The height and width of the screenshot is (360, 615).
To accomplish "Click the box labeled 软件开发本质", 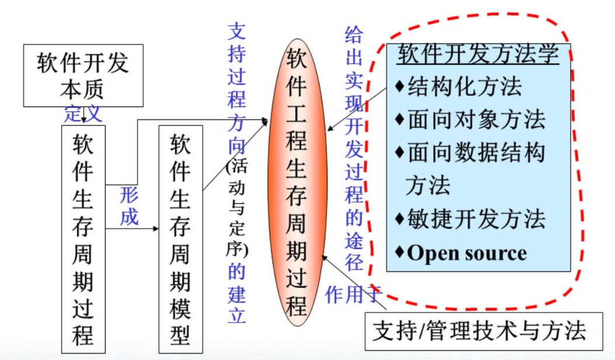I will click(82, 75).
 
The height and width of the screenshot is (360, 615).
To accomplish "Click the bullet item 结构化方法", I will click(464, 87).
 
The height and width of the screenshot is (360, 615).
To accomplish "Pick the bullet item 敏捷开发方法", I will click(476, 219).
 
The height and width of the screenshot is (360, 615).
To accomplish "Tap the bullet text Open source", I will click(467, 253).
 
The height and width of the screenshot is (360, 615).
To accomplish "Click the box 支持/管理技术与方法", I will click(479, 331).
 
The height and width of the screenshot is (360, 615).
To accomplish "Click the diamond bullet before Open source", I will click(399, 252).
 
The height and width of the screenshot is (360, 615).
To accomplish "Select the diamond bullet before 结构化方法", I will click(399, 87).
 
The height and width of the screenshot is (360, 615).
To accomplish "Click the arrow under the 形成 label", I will click(133, 229).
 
